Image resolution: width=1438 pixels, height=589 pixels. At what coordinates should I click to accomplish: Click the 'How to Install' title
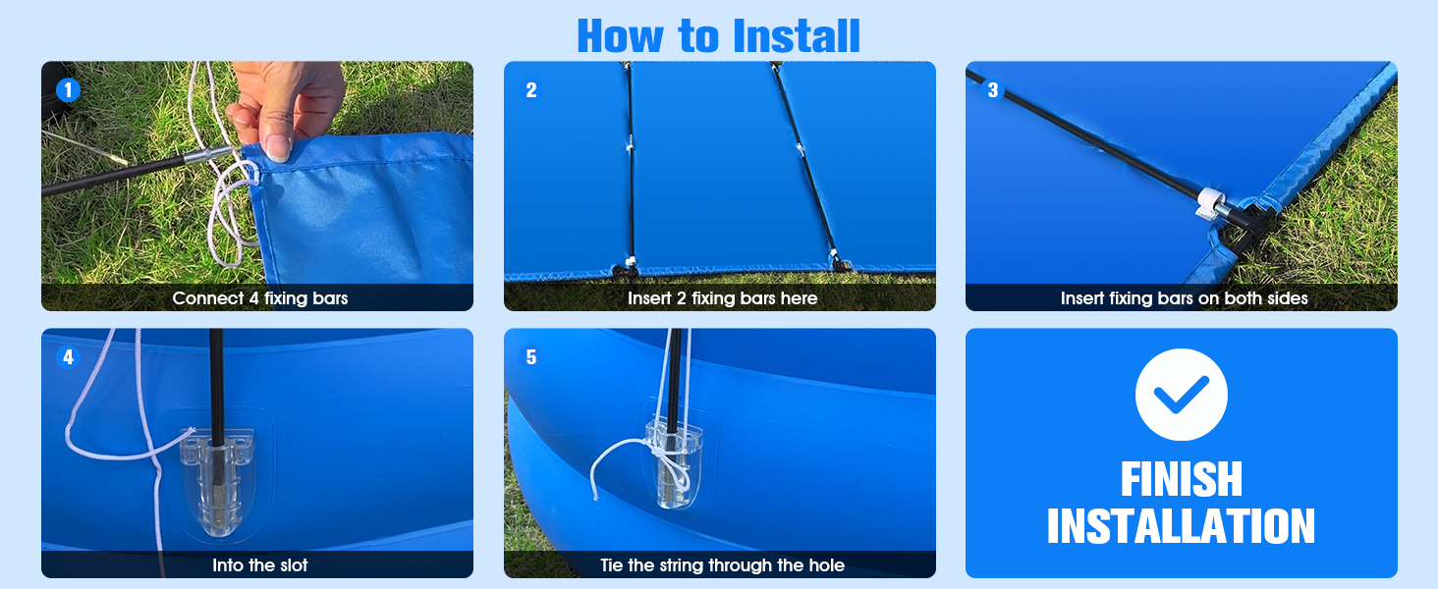(x=718, y=35)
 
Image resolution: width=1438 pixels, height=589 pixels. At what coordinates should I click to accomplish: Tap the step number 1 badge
(x=68, y=90)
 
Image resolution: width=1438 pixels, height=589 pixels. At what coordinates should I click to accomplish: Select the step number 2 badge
(x=531, y=90)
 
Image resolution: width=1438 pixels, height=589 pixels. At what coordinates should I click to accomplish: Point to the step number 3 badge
(x=992, y=90)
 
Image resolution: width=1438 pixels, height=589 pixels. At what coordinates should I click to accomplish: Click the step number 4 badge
(x=68, y=356)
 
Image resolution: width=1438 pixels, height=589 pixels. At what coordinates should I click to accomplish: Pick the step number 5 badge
(x=531, y=356)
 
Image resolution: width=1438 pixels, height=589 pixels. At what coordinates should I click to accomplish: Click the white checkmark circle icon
(x=1182, y=394)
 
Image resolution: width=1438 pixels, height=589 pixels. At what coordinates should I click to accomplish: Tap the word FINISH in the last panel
(x=1182, y=479)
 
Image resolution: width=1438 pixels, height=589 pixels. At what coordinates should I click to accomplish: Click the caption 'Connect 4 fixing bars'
(x=260, y=298)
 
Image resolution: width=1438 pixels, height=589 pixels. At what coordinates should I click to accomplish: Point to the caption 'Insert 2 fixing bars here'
(x=722, y=298)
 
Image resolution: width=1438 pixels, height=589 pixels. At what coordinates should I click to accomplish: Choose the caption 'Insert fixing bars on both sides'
(x=1184, y=298)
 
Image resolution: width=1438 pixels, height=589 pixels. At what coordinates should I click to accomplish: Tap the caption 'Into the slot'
(x=260, y=565)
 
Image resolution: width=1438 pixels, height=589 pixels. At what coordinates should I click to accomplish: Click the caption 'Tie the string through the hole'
(x=722, y=565)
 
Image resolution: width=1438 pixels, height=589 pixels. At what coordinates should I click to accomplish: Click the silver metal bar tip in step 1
(x=208, y=155)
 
